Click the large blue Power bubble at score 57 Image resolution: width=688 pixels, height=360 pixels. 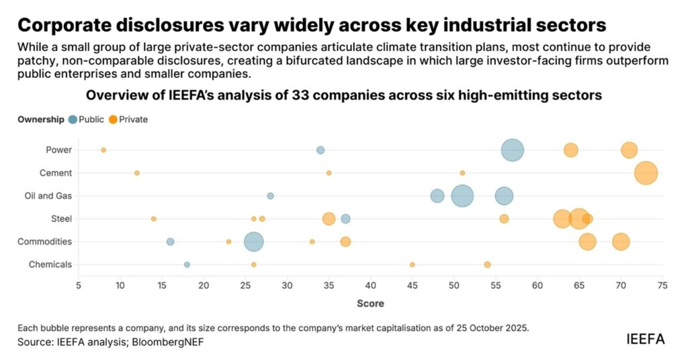513,150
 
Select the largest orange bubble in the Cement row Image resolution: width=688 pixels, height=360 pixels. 646,173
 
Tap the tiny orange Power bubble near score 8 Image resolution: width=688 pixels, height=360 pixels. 103,150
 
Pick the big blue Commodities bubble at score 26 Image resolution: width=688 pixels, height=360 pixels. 253,242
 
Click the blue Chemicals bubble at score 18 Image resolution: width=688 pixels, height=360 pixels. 187,265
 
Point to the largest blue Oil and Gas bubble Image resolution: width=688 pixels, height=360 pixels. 462,196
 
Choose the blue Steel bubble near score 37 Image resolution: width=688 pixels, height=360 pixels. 345,219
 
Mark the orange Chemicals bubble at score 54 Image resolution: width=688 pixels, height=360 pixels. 487,265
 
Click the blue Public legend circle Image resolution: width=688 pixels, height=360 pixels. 73,120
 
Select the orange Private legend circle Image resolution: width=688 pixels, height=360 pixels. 113,120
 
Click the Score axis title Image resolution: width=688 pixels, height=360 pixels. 370,304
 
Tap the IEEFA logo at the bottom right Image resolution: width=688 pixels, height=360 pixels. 645,339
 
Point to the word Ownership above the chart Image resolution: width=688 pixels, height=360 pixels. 41,120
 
